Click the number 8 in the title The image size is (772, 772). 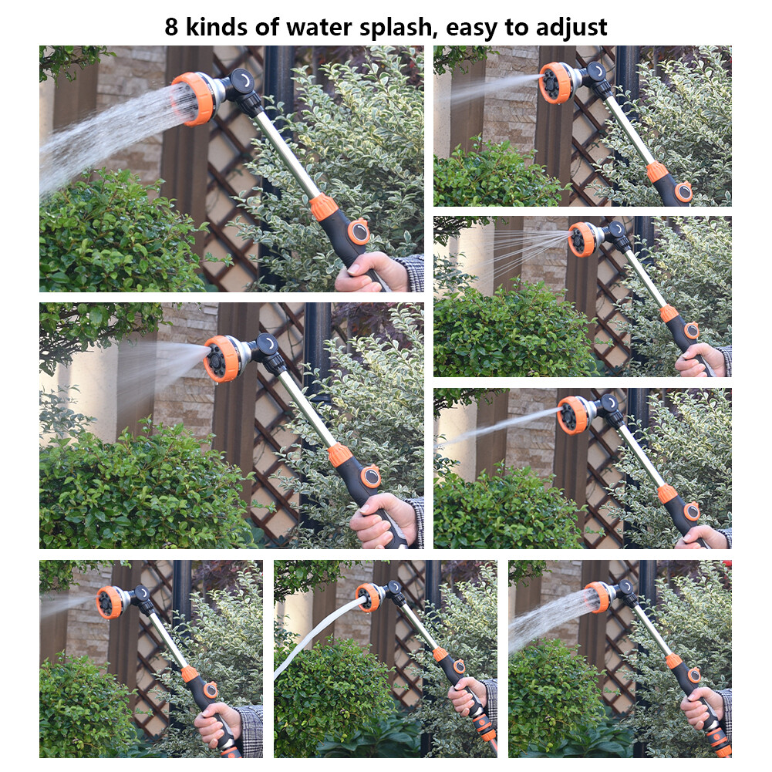[173, 27]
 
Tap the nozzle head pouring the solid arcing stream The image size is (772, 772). [369, 596]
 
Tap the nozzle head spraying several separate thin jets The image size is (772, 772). [582, 238]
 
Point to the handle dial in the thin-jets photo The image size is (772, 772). [692, 330]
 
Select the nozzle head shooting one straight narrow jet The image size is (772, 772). [572, 413]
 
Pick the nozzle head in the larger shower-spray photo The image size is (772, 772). [194, 98]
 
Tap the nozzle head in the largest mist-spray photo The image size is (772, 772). [223, 359]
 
